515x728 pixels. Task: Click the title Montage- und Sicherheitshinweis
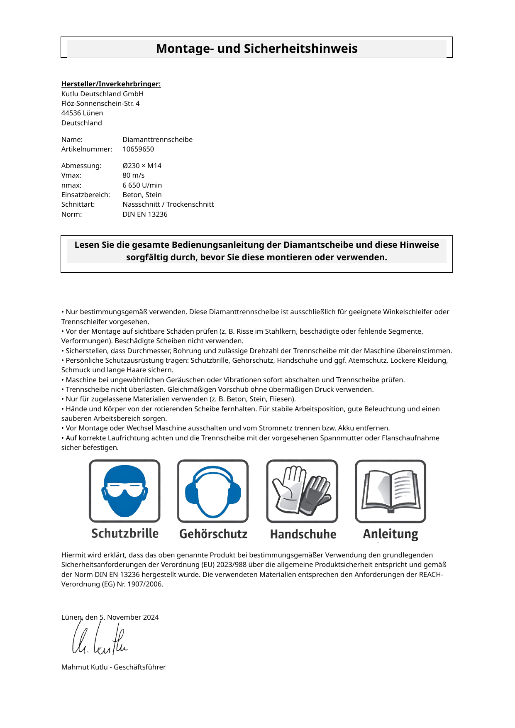point(256,49)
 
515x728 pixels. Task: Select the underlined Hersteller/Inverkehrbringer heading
point(111,84)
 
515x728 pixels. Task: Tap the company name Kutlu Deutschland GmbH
point(102,94)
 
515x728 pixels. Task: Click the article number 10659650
point(138,149)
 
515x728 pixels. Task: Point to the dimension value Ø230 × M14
point(142,166)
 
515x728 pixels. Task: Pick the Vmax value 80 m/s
point(134,175)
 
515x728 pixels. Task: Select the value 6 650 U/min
point(142,185)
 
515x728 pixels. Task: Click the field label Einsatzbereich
point(85,195)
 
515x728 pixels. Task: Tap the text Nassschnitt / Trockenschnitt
point(168,204)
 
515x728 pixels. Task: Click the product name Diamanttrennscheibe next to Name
point(157,139)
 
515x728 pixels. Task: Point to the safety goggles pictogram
point(124,491)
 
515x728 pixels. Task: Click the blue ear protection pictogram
point(213,491)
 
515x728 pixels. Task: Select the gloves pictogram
point(302,491)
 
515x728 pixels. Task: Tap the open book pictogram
point(391,491)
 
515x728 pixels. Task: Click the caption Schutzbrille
point(125,533)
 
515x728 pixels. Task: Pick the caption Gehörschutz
point(213,534)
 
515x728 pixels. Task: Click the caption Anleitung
point(391,534)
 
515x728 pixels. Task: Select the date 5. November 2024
point(129,617)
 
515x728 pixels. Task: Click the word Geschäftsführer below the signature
point(140,667)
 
